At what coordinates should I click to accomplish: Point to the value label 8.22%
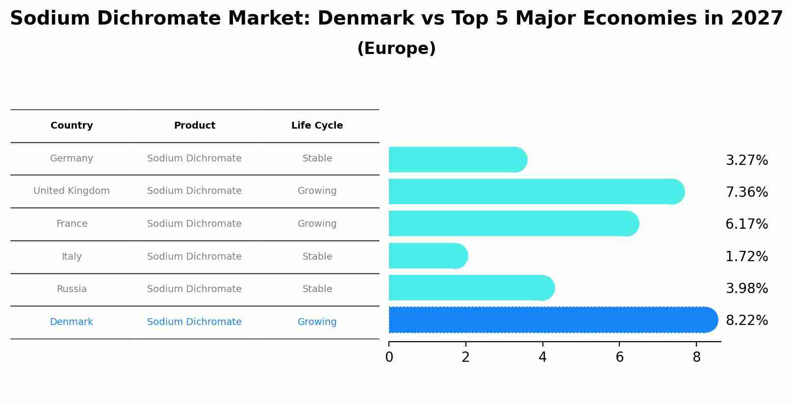coord(746,321)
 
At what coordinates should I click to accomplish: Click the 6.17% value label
coord(746,224)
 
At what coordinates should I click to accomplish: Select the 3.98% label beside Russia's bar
coord(746,289)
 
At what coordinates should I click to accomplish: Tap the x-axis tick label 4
coord(542,357)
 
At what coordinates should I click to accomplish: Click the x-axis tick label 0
coord(389,357)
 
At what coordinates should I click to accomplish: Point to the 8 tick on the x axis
coord(696,357)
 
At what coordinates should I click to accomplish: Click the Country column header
coord(72,126)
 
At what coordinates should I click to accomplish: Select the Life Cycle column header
coord(317,126)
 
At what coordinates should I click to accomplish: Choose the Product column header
coord(194,126)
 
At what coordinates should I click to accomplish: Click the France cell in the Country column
coord(72,224)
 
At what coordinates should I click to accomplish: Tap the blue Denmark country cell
coord(72,322)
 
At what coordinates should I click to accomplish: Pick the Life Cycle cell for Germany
coord(317,159)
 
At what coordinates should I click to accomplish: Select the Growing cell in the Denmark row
coord(317,322)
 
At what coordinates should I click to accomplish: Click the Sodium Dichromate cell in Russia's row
coord(194,289)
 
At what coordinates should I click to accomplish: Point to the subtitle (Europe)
coord(396,49)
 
